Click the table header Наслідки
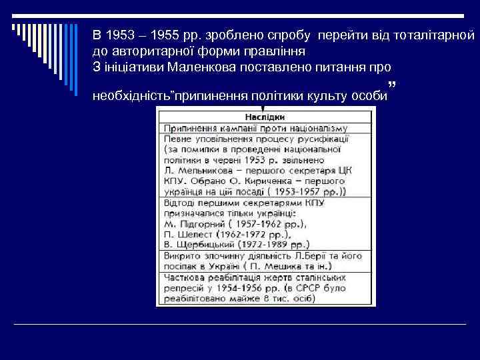coord(265,115)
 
